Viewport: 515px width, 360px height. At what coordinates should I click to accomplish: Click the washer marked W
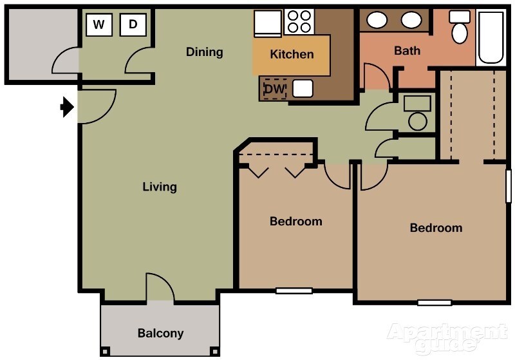pyautogui.click(x=98, y=25)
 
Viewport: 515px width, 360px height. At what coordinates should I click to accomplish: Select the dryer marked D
pyautogui.click(x=133, y=25)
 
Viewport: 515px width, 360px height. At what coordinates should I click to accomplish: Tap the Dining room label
pyautogui.click(x=204, y=52)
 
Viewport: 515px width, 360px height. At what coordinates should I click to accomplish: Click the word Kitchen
pyautogui.click(x=292, y=55)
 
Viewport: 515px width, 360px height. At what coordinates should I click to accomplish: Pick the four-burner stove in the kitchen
pyautogui.click(x=298, y=21)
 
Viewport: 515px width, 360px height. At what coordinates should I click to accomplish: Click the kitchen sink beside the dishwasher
pyautogui.click(x=303, y=88)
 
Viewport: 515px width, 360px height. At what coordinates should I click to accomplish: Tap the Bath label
pyautogui.click(x=407, y=51)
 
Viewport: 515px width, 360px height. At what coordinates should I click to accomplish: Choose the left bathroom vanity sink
pyautogui.click(x=377, y=21)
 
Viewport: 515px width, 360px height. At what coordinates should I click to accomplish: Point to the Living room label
pyautogui.click(x=159, y=187)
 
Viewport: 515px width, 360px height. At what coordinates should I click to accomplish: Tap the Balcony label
pyautogui.click(x=160, y=334)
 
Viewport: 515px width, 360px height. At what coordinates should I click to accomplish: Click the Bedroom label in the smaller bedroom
pyautogui.click(x=295, y=222)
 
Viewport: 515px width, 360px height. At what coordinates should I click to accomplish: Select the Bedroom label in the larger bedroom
pyautogui.click(x=436, y=228)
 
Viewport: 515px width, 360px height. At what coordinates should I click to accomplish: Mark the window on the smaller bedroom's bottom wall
pyautogui.click(x=294, y=290)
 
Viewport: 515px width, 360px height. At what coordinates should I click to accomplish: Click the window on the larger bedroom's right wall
pyautogui.click(x=509, y=187)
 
